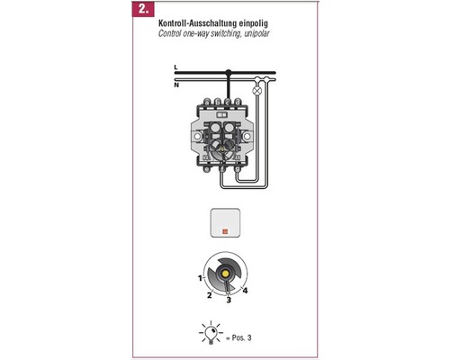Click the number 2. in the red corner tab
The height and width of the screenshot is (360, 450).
click(143, 9)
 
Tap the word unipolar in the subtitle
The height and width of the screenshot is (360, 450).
click(256, 33)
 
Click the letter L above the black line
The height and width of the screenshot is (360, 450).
click(175, 67)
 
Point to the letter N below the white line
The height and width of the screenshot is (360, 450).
click(176, 85)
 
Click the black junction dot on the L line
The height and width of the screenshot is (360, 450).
click(229, 72)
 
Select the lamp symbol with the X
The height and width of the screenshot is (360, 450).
click(257, 90)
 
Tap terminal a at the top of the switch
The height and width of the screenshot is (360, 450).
click(207, 103)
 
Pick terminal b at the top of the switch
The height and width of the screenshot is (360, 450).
click(217, 103)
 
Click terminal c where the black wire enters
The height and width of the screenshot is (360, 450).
click(228, 103)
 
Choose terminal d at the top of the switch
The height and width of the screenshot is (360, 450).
click(238, 103)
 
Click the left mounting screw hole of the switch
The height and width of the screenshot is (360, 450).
click(197, 137)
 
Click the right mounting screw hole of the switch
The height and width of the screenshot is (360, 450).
click(247, 137)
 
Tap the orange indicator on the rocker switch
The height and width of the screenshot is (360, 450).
click(225, 231)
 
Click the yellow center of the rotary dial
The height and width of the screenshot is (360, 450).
click(224, 274)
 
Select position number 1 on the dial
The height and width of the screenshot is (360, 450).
click(200, 278)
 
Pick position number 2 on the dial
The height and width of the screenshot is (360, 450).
click(209, 295)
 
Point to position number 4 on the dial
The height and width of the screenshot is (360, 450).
click(245, 291)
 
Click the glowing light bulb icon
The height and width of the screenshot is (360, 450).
click(211, 332)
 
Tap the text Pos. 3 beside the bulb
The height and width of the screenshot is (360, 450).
click(241, 337)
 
